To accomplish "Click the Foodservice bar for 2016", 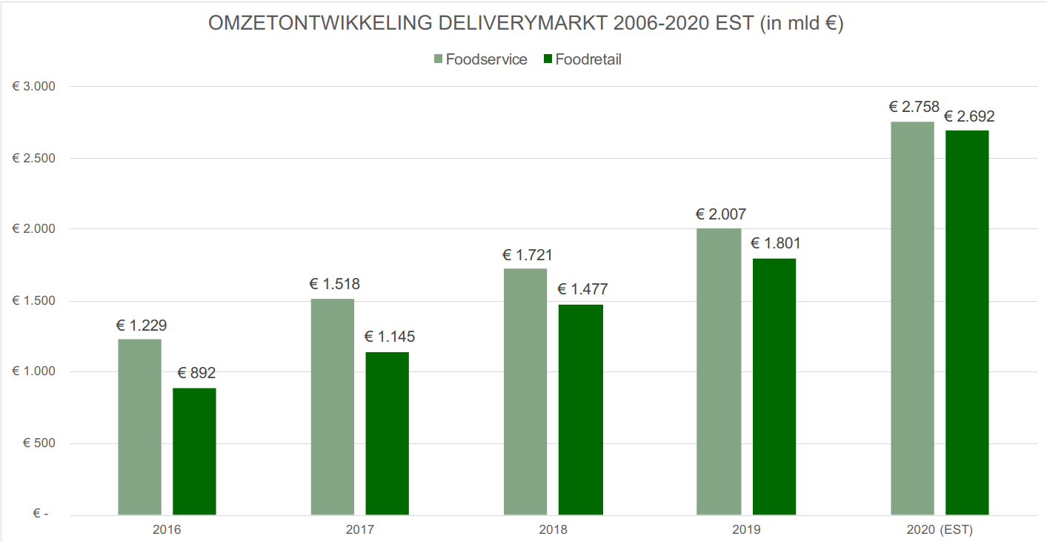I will coord(139,426).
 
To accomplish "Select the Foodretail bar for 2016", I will coord(194,451).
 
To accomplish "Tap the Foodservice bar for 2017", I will coord(332,406).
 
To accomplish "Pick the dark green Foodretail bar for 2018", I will coord(580,409).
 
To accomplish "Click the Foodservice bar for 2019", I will coord(718,371).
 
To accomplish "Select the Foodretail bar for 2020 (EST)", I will coord(967,323).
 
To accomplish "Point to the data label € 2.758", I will coord(914,107).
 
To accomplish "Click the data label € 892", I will coord(196,373).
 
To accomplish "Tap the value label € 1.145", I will coord(389,337).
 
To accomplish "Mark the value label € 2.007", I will coord(720,214).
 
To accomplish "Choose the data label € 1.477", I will coord(582,289).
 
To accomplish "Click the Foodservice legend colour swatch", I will coord(438,59).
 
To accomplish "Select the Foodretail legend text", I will coord(588,59).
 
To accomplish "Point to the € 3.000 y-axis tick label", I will coord(33,87).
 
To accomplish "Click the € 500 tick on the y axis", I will coord(39,443).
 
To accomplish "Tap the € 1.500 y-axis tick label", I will coord(33,301).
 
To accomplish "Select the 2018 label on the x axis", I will coord(553,530).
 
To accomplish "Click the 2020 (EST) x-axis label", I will coord(939,530).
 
